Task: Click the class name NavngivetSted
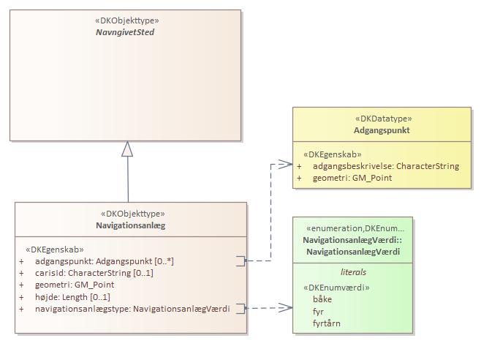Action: pyautogui.click(x=125, y=33)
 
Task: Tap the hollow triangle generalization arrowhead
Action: pyautogui.click(x=128, y=149)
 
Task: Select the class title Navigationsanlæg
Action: pyautogui.click(x=132, y=225)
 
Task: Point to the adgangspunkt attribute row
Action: pyautogui.click(x=104, y=260)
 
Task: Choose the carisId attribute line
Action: pyautogui.click(x=94, y=273)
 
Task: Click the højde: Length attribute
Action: pyautogui.click(x=72, y=297)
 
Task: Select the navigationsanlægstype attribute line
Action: pyautogui.click(x=132, y=309)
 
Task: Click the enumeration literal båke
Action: pyautogui.click(x=322, y=299)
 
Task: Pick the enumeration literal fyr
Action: pyautogui.click(x=319, y=311)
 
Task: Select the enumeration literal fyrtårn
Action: pyautogui.click(x=326, y=323)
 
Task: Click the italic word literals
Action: pyautogui.click(x=353, y=272)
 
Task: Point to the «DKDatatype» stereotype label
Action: pyautogui.click(x=383, y=119)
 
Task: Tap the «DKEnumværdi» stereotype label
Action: pyautogui.click(x=337, y=288)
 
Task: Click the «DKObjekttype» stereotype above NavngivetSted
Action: pyautogui.click(x=126, y=21)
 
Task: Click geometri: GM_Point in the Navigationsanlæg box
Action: pyautogui.click(x=74, y=285)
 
